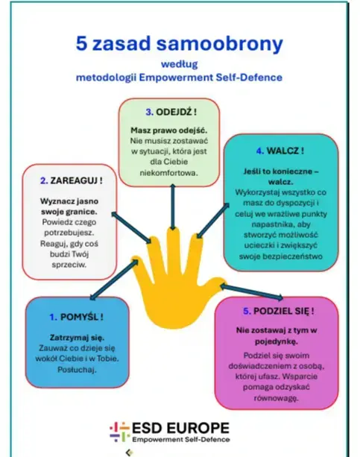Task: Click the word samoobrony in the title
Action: click(x=219, y=44)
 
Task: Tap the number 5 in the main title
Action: click(x=81, y=43)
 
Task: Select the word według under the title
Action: click(x=180, y=64)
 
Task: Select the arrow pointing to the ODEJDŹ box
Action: click(x=173, y=207)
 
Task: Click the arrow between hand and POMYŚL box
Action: click(x=114, y=280)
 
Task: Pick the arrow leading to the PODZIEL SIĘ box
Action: click(x=251, y=292)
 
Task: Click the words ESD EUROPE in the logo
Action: click(x=180, y=428)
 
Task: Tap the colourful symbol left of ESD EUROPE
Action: click(x=120, y=432)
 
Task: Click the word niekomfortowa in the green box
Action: click(x=168, y=173)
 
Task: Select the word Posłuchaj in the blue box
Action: click(x=77, y=370)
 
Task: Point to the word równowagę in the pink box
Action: click(x=276, y=398)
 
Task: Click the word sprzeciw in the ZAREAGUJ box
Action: click(x=69, y=265)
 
